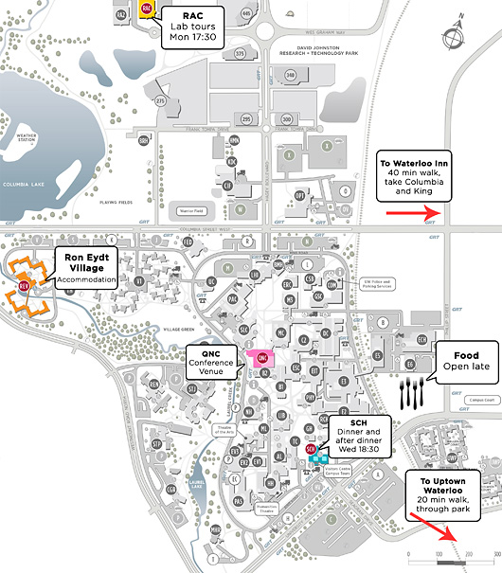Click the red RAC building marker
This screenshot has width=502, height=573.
coord(146,9)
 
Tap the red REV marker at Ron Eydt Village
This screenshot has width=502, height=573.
coord(25,282)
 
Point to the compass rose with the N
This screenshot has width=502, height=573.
coord(457,34)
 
